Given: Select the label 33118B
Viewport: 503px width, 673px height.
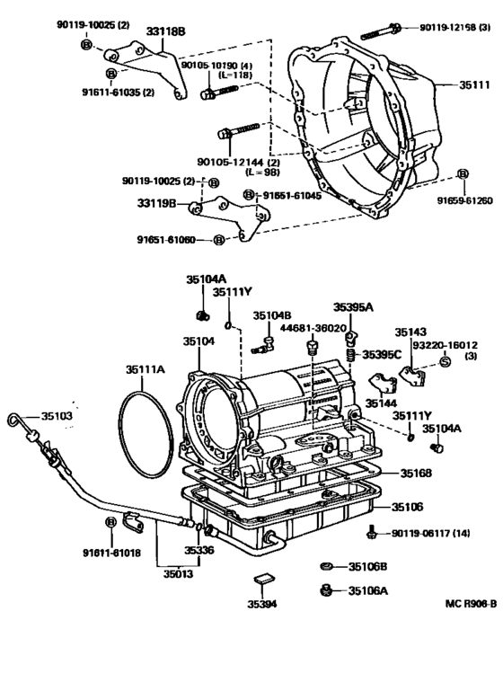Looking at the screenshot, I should pyautogui.click(x=165, y=31).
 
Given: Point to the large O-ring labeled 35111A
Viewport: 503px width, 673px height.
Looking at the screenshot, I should pyautogui.click(x=144, y=431).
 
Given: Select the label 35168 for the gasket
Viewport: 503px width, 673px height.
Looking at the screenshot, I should pyautogui.click(x=417, y=473).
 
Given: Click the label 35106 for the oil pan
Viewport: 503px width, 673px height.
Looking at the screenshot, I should pyautogui.click(x=417, y=508).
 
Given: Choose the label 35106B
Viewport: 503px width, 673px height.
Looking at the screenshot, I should pyautogui.click(x=367, y=566).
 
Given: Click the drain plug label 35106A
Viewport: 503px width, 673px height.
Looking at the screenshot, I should pyautogui.click(x=367, y=590).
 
